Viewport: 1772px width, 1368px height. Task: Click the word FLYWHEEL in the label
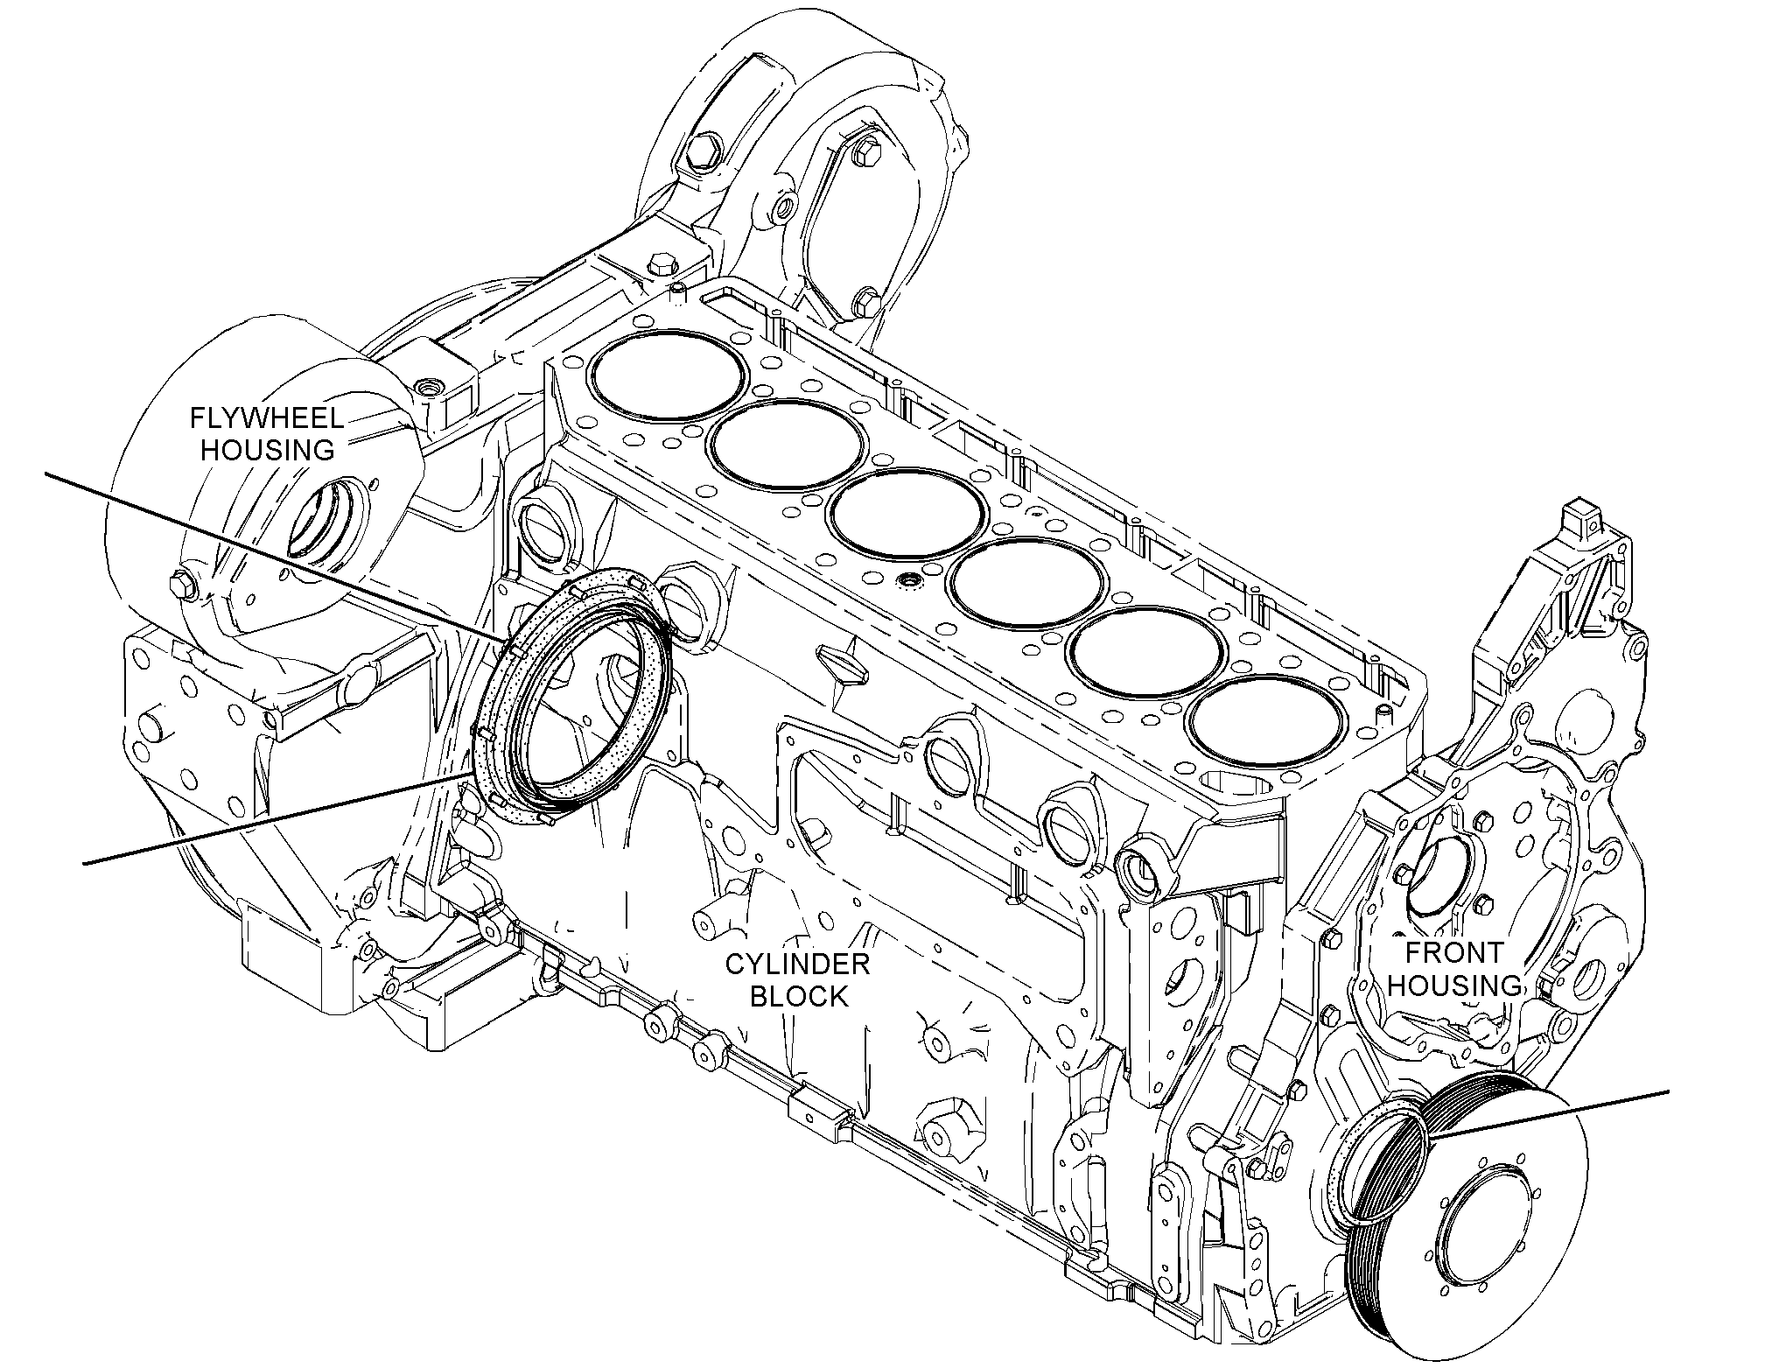(x=266, y=417)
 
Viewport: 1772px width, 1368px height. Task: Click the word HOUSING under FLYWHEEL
(x=268, y=450)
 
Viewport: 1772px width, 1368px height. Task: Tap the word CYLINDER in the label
(x=797, y=965)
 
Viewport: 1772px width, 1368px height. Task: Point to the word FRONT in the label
(x=1453, y=952)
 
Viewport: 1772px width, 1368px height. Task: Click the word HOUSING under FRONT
(x=1454, y=985)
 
